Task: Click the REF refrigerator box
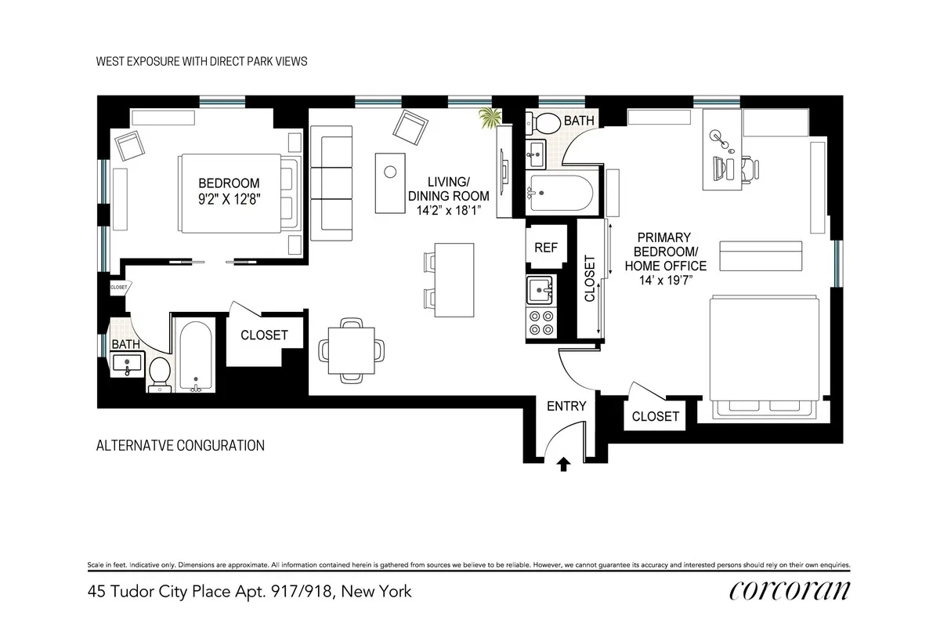pos(545,248)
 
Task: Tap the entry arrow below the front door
pos(563,464)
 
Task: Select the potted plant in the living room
pos(491,119)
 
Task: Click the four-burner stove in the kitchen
pos(540,321)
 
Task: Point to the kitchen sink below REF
pos(540,289)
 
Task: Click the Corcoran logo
pos(789,590)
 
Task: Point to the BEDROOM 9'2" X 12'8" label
pos(228,190)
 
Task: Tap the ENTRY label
pos(566,405)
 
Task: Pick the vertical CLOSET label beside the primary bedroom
pos(590,278)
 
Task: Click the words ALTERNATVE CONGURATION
pos(179,446)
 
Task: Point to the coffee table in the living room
pos(389,182)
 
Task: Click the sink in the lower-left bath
pos(128,364)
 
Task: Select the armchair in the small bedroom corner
pos(130,145)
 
